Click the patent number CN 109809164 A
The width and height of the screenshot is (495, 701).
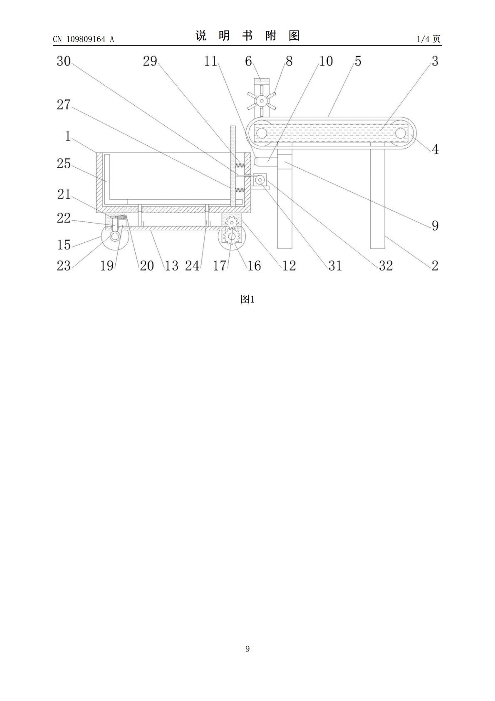click(83, 39)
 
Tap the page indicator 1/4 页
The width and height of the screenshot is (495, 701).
click(428, 39)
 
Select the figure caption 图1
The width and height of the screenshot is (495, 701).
click(247, 299)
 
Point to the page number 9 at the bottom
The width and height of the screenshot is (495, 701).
click(247, 649)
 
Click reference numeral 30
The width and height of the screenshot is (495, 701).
click(64, 61)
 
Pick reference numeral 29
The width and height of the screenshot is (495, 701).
click(150, 61)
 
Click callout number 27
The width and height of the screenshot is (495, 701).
click(64, 104)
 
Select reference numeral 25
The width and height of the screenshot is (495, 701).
click(64, 164)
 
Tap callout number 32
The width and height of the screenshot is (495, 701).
click(386, 266)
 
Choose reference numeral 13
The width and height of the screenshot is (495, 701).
click(171, 266)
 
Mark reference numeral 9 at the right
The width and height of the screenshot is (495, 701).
click(435, 225)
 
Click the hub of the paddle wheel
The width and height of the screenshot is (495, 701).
click(261, 101)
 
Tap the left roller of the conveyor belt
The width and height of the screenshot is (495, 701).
click(261, 133)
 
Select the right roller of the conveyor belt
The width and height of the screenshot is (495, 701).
click(400, 133)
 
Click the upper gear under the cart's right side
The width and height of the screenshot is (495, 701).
click(232, 223)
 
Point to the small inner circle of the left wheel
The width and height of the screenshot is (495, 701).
click(115, 236)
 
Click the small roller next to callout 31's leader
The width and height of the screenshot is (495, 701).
click(259, 180)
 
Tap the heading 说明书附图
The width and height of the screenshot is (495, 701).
click(247, 36)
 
